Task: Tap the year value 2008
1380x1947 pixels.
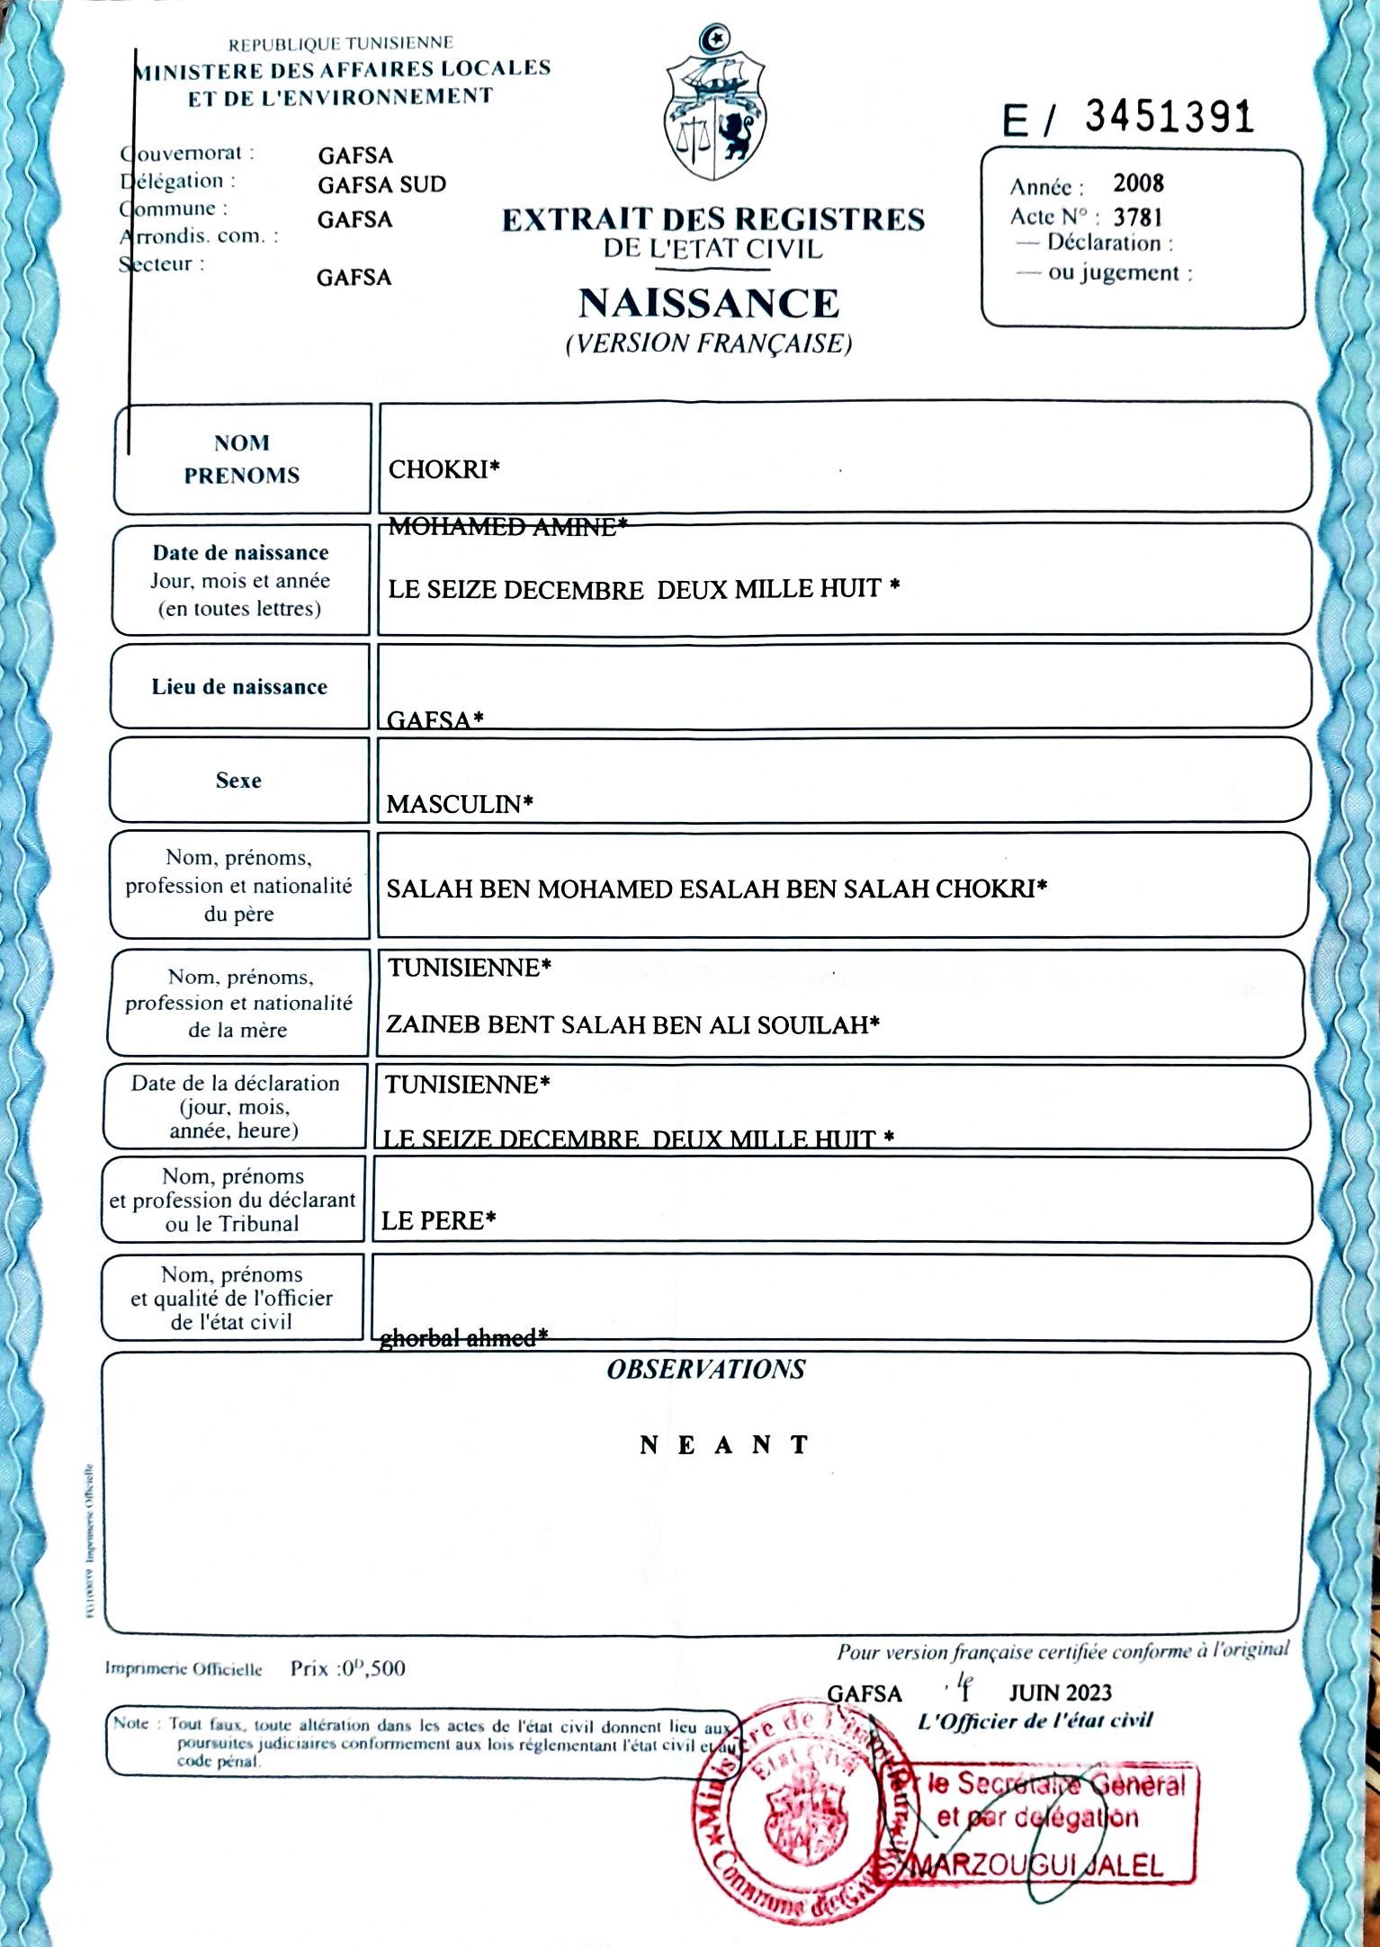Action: [x=1138, y=183]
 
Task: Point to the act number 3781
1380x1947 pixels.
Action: [x=1137, y=218]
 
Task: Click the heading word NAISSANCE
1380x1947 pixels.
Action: [x=708, y=303]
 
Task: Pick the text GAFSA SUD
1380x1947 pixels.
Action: [x=381, y=185]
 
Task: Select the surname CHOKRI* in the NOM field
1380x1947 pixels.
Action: [x=444, y=469]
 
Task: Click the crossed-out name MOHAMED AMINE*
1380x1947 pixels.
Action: [x=507, y=527]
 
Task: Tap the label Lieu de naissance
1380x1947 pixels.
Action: [x=239, y=687]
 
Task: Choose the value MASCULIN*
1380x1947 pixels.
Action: [x=459, y=804]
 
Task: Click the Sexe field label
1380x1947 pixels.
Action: [x=238, y=781]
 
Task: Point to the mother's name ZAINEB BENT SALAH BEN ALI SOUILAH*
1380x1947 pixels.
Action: [x=632, y=1024]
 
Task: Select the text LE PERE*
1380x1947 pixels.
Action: [x=438, y=1220]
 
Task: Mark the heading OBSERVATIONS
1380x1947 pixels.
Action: [x=705, y=1370]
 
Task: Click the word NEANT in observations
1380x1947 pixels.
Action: [x=724, y=1445]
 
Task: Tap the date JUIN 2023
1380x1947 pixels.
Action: [x=1060, y=1693]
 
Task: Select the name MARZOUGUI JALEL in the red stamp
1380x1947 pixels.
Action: [x=1037, y=1866]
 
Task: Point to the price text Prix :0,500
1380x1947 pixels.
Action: [x=347, y=1668]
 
